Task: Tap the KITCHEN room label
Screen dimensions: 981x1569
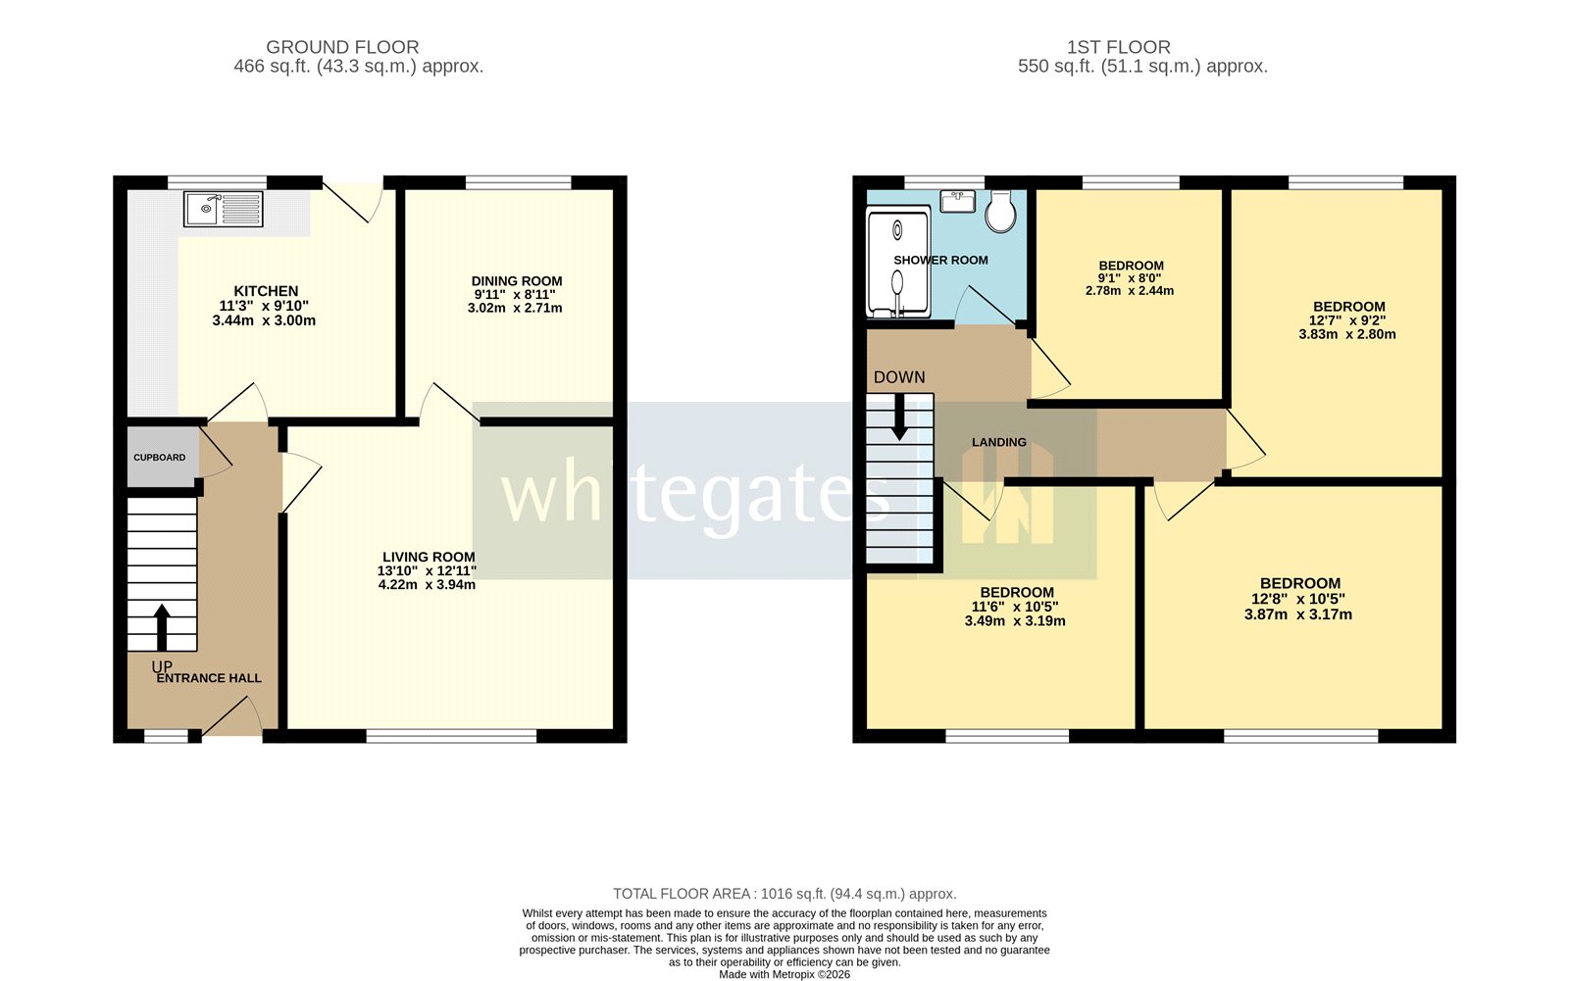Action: tap(266, 291)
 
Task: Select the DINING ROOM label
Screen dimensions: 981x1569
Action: tap(516, 281)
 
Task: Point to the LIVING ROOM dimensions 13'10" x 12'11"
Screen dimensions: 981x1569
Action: tap(427, 570)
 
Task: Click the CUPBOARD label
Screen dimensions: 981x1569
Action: tap(160, 458)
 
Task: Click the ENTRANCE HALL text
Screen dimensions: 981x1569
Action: tap(209, 678)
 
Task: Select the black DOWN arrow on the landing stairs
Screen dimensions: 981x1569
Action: tap(898, 418)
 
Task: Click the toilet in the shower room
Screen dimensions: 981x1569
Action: tap(1000, 211)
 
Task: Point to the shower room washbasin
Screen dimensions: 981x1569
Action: tap(958, 202)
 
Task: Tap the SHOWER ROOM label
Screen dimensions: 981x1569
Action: tap(940, 261)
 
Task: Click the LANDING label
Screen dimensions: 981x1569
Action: tap(998, 443)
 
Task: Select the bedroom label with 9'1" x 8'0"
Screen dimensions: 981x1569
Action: tap(1131, 266)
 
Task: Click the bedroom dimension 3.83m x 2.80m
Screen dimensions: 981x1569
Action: tap(1347, 334)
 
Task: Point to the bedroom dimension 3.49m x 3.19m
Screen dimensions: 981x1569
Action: tap(1015, 620)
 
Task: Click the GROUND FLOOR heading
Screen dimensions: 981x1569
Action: tap(342, 47)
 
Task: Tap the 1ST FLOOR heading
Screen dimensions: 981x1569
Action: tap(1118, 47)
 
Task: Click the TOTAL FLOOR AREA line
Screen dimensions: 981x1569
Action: tap(784, 894)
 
